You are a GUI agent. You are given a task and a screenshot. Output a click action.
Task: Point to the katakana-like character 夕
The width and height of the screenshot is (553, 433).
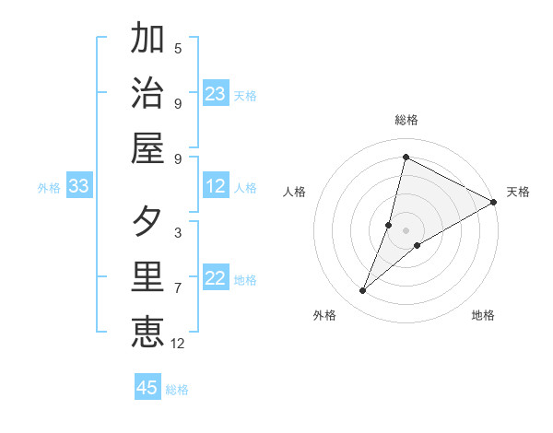click(x=147, y=222)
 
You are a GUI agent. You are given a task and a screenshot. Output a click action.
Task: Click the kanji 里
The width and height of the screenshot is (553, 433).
click(x=147, y=278)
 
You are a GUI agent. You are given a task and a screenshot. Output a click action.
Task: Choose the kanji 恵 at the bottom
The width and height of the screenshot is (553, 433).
click(x=147, y=333)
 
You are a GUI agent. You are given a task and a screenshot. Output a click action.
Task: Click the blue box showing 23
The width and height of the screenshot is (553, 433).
click(x=216, y=94)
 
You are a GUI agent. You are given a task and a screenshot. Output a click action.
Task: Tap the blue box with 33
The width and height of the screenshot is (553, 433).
click(x=79, y=187)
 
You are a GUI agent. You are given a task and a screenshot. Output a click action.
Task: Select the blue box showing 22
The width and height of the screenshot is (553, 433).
click(x=216, y=279)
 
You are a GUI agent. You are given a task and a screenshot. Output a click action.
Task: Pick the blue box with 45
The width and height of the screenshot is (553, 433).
click(x=147, y=388)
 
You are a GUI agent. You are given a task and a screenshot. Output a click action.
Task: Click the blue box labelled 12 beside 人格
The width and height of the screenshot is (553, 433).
click(x=216, y=187)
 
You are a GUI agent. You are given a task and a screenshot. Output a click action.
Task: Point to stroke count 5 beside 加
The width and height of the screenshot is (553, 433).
click(x=178, y=49)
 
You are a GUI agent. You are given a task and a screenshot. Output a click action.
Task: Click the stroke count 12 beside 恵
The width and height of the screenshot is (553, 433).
click(x=178, y=344)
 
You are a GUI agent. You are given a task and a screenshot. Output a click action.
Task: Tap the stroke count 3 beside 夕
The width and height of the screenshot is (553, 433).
click(x=178, y=233)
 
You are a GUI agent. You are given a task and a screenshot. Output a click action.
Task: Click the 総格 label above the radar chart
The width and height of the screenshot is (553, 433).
click(x=406, y=120)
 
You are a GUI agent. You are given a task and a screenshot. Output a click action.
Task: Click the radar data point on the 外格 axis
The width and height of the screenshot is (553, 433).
click(x=363, y=291)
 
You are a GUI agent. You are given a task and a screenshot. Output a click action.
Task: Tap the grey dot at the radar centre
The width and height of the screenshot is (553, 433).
click(x=406, y=230)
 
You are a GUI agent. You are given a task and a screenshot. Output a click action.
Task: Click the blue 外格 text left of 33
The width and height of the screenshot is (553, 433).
click(x=49, y=188)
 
